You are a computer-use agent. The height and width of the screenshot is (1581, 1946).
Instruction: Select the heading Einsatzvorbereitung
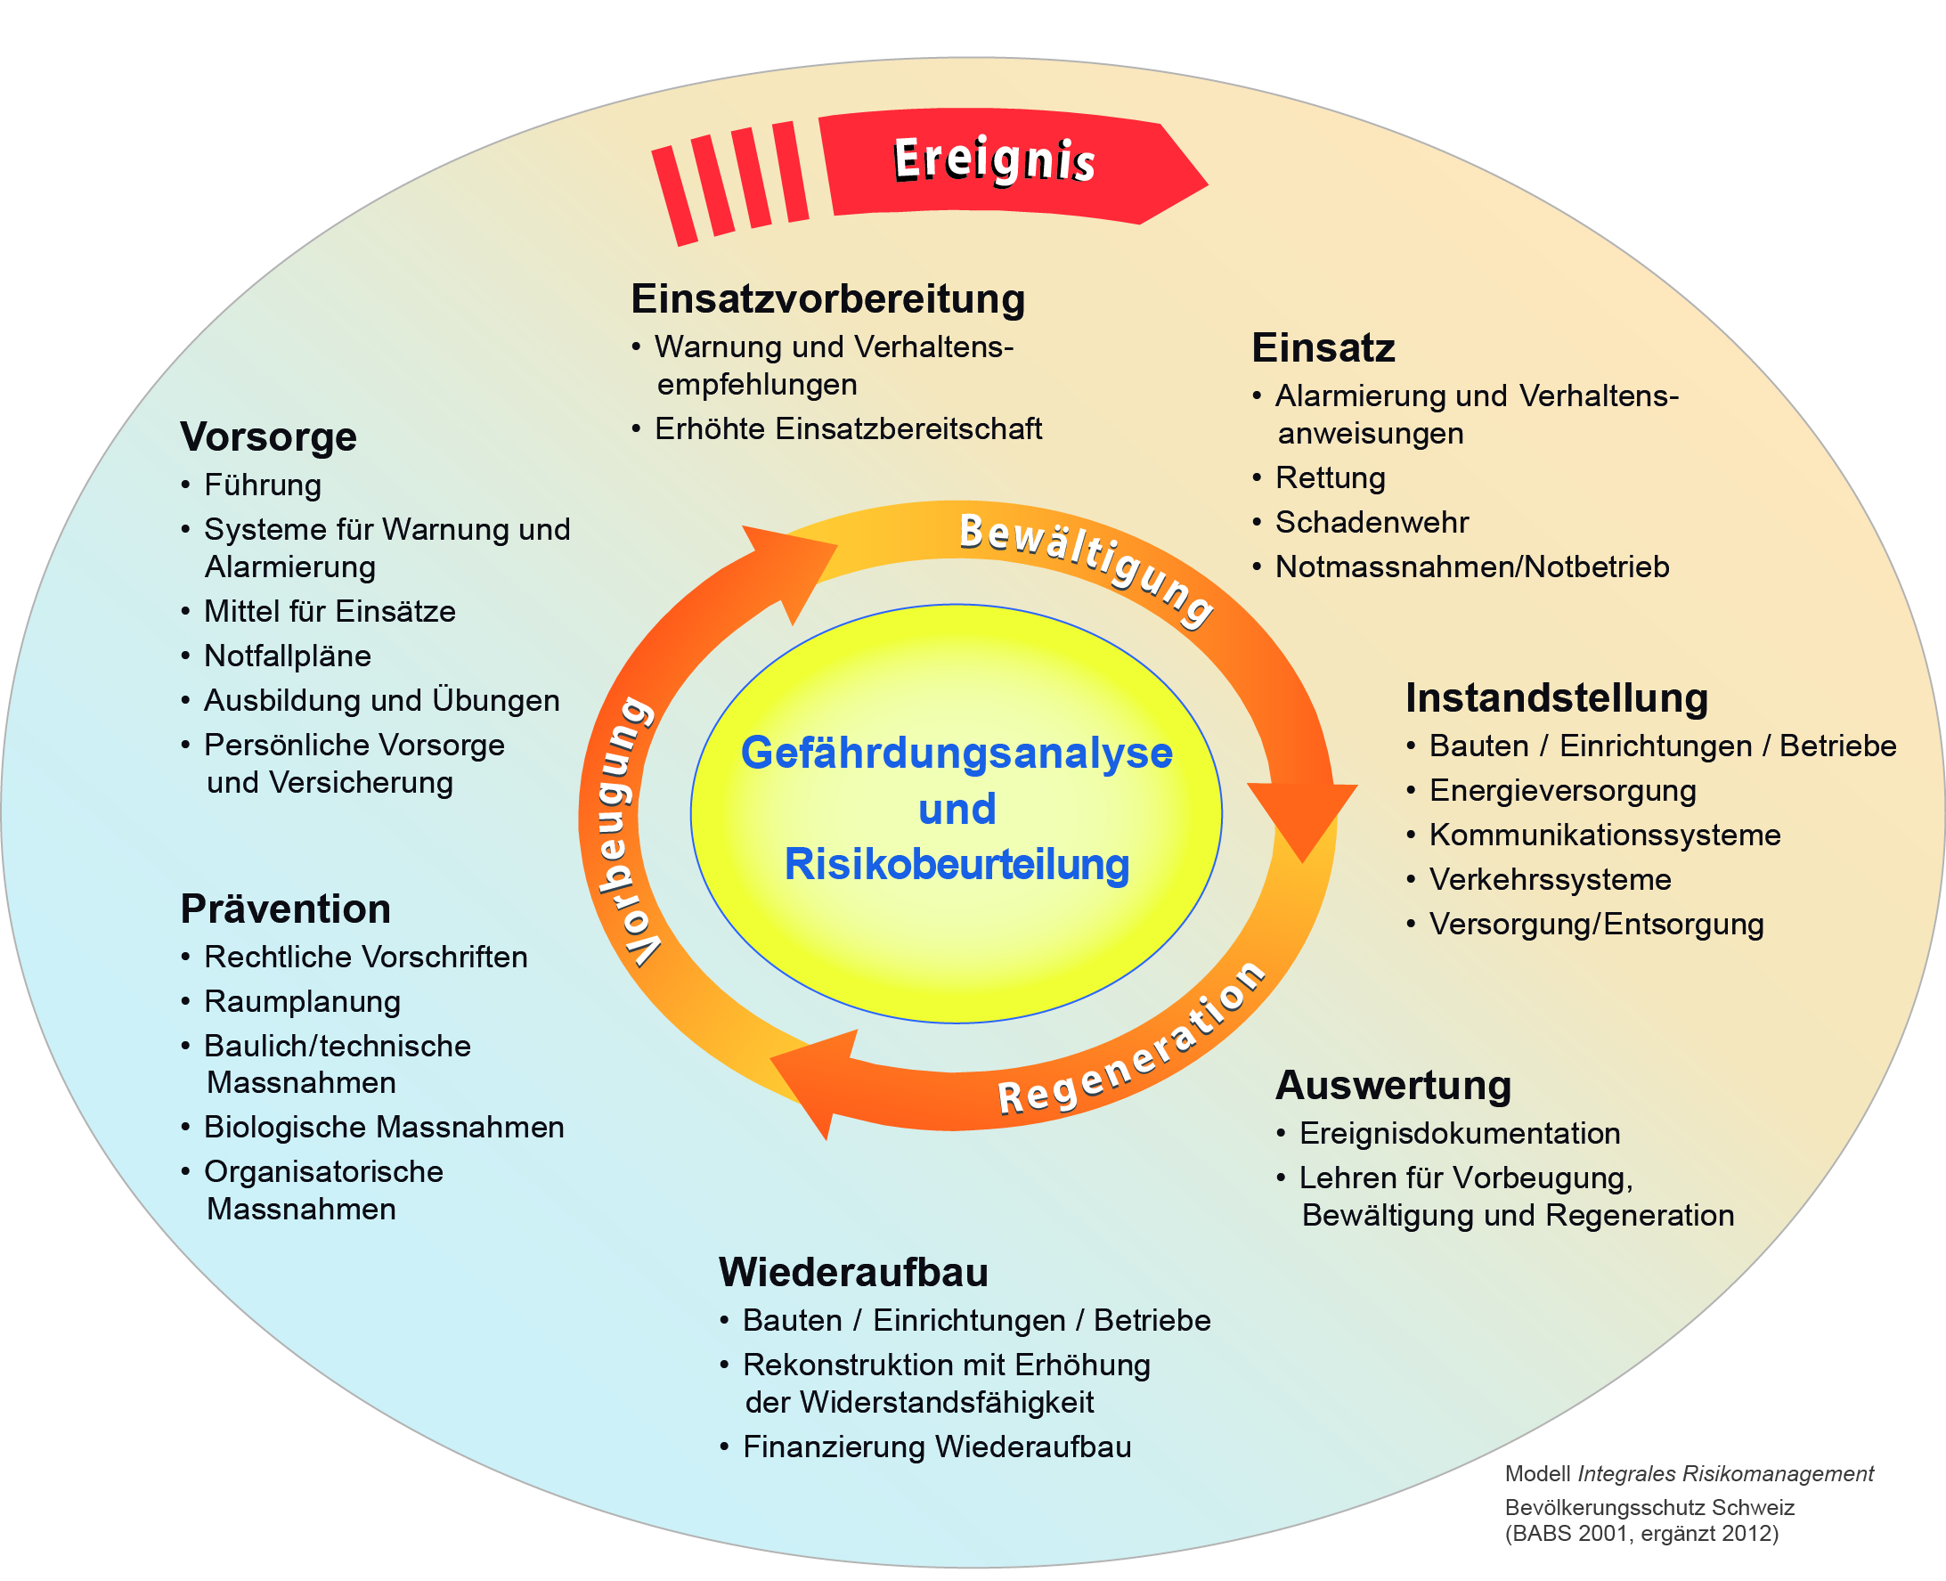pos(827,298)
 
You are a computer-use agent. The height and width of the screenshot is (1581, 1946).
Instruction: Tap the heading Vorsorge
pos(268,437)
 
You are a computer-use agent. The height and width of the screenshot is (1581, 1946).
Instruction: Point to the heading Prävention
pos(285,909)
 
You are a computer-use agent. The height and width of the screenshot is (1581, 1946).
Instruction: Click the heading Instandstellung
pos(1556,697)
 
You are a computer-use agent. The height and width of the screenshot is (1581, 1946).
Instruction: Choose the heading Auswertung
pos(1393,1086)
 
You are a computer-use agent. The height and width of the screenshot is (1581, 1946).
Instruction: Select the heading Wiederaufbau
pos(852,1272)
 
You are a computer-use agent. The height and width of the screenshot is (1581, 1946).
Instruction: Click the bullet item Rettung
pos(1330,478)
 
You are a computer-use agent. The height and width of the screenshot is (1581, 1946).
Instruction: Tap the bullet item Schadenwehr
pos(1372,523)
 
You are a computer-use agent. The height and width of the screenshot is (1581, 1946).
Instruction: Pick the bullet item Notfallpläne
pos(287,656)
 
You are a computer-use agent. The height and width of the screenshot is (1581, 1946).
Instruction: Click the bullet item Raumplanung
pos(302,1002)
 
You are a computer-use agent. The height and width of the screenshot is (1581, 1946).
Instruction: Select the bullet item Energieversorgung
pos(1563,791)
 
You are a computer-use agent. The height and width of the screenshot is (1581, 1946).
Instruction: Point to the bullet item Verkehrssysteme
pos(1550,880)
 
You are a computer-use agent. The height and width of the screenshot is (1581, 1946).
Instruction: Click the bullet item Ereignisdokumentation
pos(1459,1134)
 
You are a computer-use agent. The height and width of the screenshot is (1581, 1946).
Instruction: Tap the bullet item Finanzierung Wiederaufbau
pos(936,1447)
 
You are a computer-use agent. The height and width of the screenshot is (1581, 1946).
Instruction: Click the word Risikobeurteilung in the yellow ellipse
pos(957,864)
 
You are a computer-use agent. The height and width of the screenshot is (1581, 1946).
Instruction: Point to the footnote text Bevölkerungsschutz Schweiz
pos(1649,1507)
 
